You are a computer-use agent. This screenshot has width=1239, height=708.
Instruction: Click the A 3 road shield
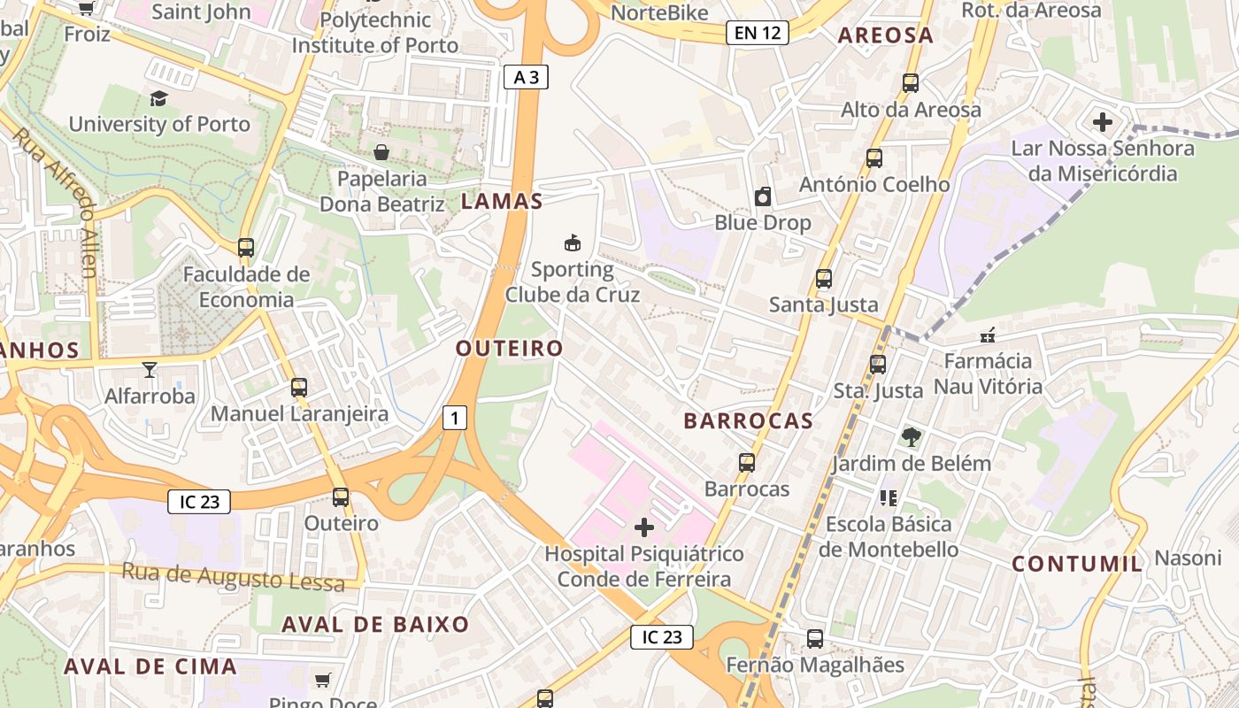(x=526, y=77)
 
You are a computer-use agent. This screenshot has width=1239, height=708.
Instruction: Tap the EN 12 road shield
(x=758, y=34)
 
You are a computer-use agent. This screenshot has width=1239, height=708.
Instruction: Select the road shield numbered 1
(x=454, y=417)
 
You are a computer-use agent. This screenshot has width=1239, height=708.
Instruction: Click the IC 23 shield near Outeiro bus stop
(x=199, y=502)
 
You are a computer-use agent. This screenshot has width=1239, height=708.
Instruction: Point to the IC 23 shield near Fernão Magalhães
(x=661, y=636)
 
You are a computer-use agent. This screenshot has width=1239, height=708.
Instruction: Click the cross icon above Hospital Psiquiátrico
(x=644, y=528)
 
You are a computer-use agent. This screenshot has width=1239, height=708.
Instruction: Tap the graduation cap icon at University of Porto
(x=158, y=98)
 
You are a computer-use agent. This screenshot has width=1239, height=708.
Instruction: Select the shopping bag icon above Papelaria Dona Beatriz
(x=381, y=152)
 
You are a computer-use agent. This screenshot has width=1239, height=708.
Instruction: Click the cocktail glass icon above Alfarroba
(x=149, y=370)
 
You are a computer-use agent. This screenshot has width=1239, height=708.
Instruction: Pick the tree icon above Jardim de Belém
(x=910, y=436)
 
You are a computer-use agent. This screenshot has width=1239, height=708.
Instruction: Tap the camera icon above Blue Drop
(x=762, y=196)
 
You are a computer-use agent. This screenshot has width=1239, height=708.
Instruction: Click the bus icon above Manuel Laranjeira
(x=299, y=387)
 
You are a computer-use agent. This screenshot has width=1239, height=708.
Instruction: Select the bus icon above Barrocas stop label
(x=747, y=462)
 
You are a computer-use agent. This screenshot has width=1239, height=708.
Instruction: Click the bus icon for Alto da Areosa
(x=910, y=83)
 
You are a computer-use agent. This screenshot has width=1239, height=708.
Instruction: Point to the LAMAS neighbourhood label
(x=501, y=201)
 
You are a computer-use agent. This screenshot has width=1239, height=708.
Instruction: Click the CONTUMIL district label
(x=1077, y=564)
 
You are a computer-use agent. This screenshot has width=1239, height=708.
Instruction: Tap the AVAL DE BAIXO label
(x=375, y=624)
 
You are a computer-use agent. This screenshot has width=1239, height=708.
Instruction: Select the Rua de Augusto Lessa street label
(x=232, y=577)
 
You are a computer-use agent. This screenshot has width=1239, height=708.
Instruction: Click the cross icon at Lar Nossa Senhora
(x=1103, y=121)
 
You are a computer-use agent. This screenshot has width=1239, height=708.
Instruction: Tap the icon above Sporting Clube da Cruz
(x=573, y=242)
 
